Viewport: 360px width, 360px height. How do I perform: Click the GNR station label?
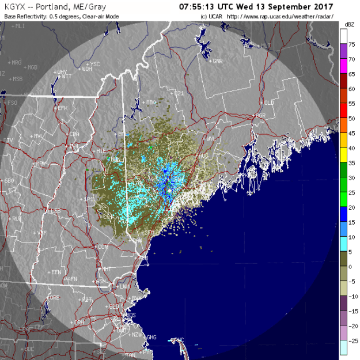pyautogui.click(x=217, y=60)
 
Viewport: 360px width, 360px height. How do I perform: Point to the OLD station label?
pyautogui.click(x=268, y=103)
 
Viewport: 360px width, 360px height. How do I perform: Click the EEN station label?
pyautogui.click(x=56, y=272)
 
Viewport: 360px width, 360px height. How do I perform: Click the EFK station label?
pyautogui.click(x=62, y=108)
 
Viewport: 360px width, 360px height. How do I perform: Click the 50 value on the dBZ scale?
pyautogui.click(x=351, y=119)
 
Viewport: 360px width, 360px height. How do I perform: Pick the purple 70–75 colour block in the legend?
pyautogui.click(x=343, y=52)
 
